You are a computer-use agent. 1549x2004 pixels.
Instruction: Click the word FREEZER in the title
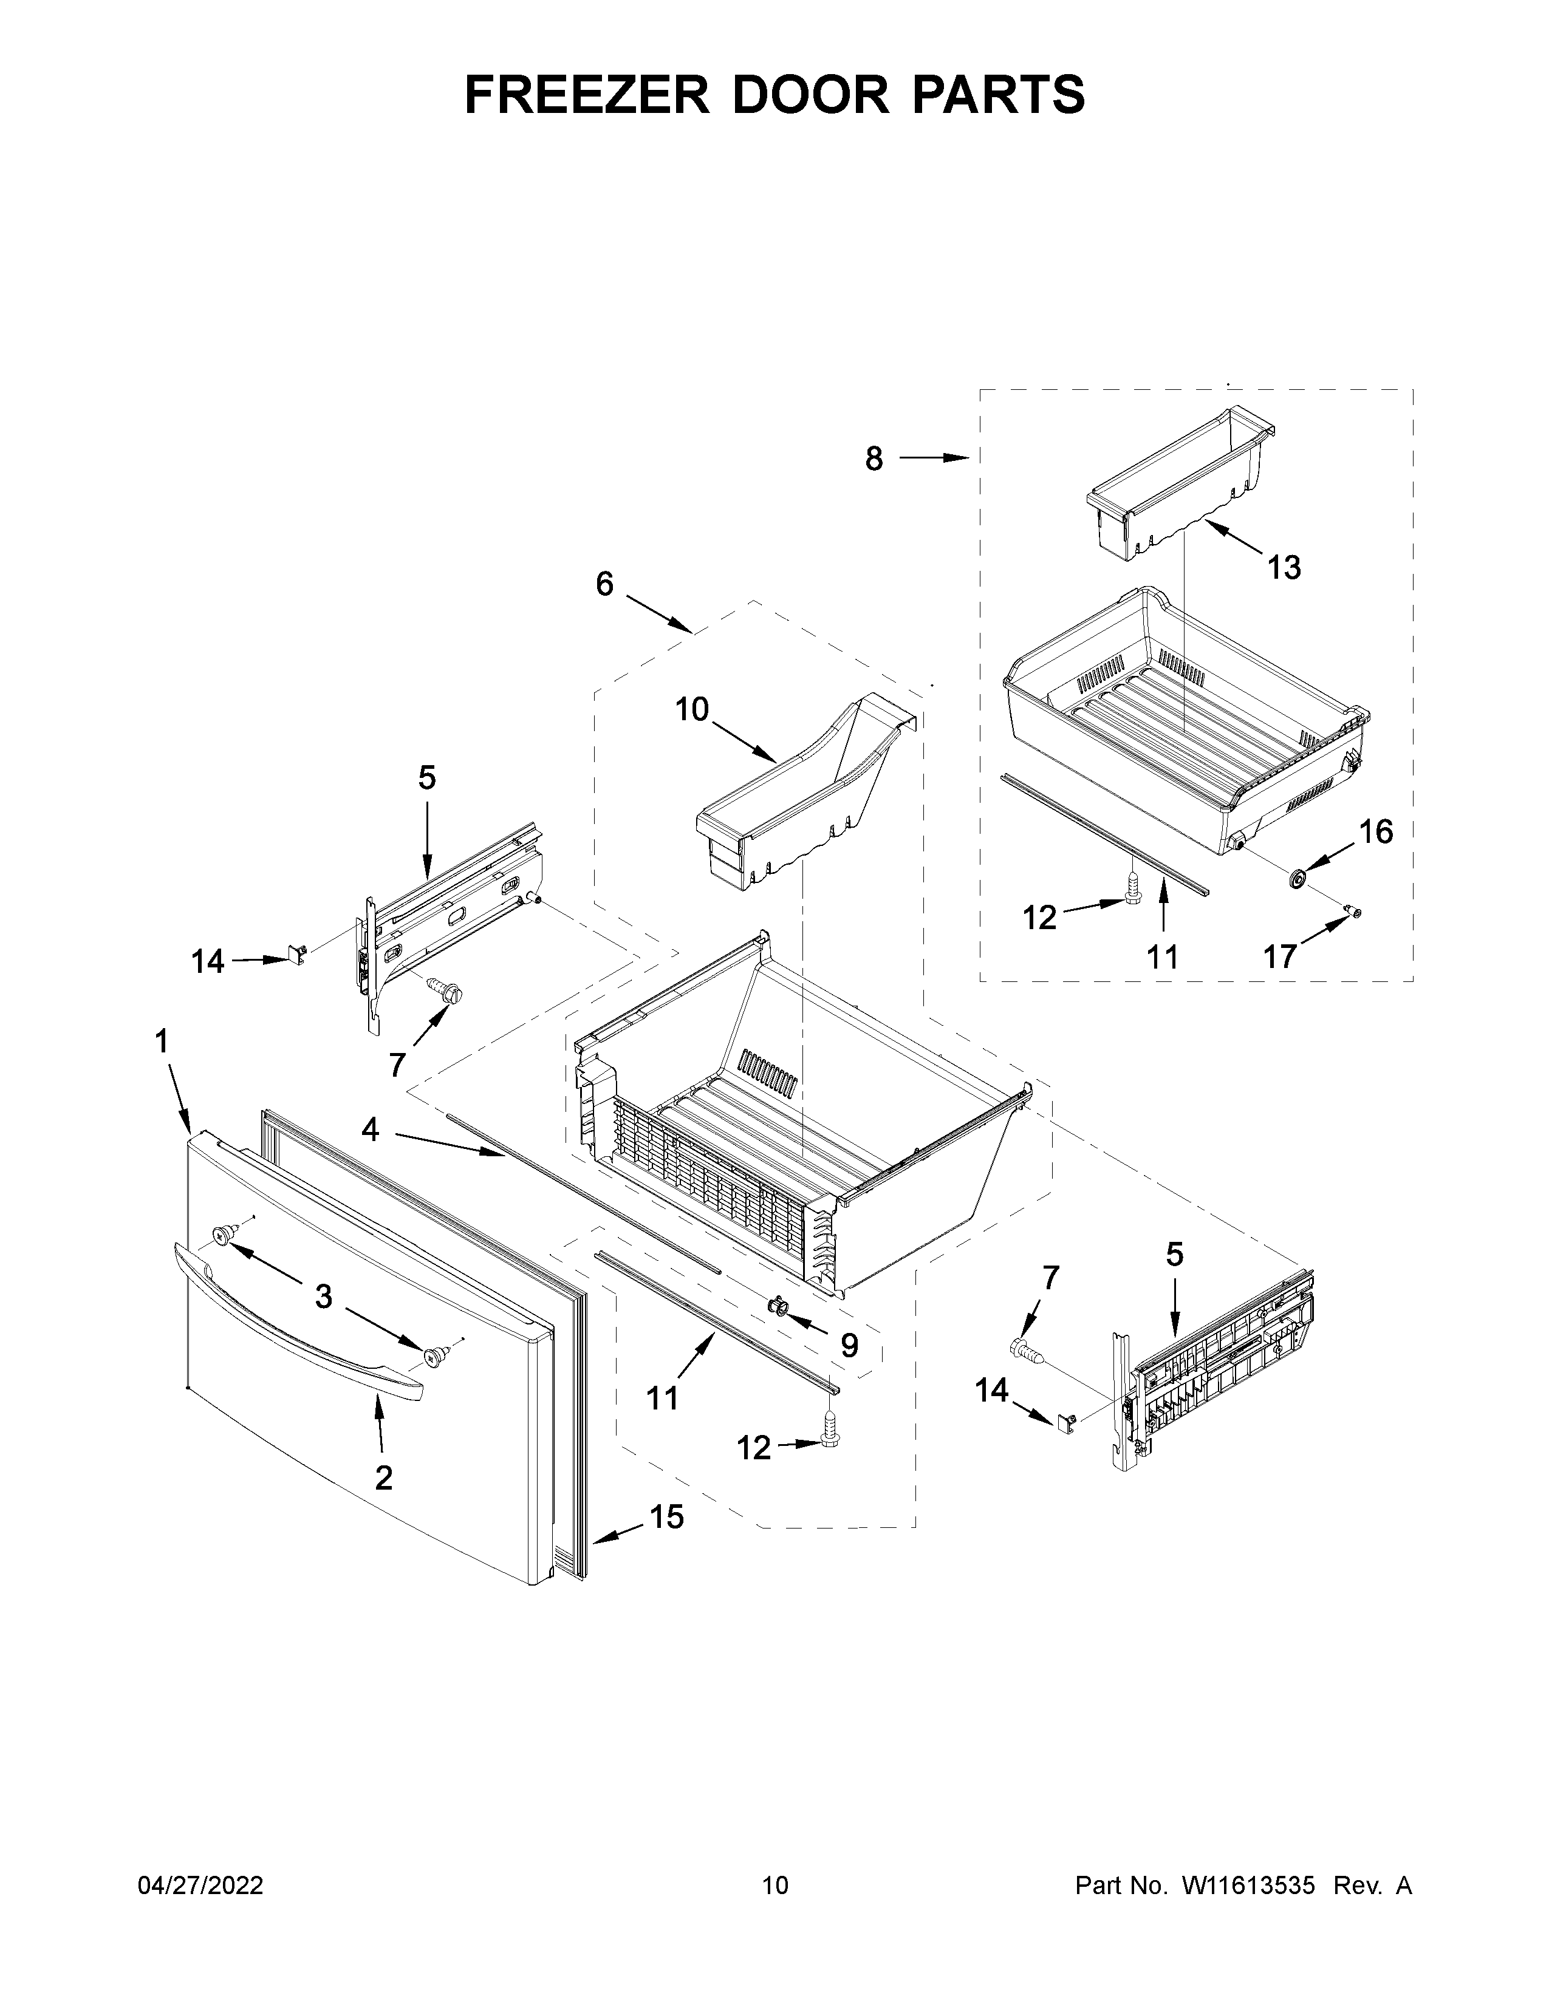pos(587,95)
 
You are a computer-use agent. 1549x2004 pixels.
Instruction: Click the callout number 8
pos(874,458)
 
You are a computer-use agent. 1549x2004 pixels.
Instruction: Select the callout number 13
pos(1284,568)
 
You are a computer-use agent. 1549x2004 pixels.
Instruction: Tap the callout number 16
pos(1375,831)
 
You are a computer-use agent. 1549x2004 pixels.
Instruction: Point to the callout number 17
pos(1279,956)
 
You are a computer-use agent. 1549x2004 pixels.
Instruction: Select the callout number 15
pos(667,1517)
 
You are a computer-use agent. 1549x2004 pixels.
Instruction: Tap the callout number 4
pos(370,1129)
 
